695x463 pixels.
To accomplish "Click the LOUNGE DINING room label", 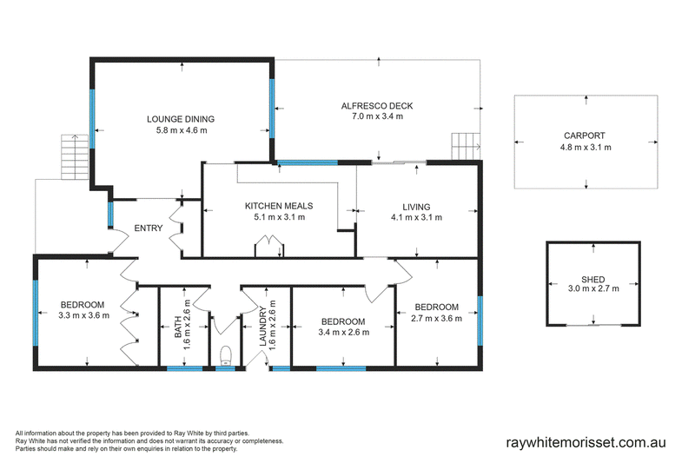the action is [x=181, y=119].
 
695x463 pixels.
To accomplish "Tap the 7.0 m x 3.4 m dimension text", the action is [x=377, y=116].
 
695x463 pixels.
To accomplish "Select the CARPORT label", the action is [x=584, y=136].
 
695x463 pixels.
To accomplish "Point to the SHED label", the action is [x=593, y=280].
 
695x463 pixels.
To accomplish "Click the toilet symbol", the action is [x=226, y=355].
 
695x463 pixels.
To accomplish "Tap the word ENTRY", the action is [x=148, y=228].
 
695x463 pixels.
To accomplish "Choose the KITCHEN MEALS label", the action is [x=279, y=206].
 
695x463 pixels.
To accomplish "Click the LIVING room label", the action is [x=416, y=207].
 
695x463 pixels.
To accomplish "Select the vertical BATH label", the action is [x=177, y=327].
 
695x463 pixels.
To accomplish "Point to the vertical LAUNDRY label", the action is [x=262, y=326].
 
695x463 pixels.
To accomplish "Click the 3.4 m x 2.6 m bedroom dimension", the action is [x=343, y=333].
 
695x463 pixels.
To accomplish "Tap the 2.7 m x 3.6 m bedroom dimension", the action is [x=437, y=318].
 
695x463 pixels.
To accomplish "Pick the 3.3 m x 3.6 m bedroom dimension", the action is [x=83, y=315].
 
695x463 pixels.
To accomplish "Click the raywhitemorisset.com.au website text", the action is [x=586, y=443].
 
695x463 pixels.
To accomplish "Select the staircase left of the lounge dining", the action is [x=75, y=157].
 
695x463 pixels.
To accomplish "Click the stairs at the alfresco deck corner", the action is [x=466, y=146].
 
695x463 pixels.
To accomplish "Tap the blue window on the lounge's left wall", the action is [x=92, y=119].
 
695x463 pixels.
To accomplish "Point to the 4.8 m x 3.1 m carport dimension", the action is [x=586, y=148].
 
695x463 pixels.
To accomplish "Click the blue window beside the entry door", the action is [x=110, y=215].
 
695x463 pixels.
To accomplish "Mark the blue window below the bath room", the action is [x=185, y=368].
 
